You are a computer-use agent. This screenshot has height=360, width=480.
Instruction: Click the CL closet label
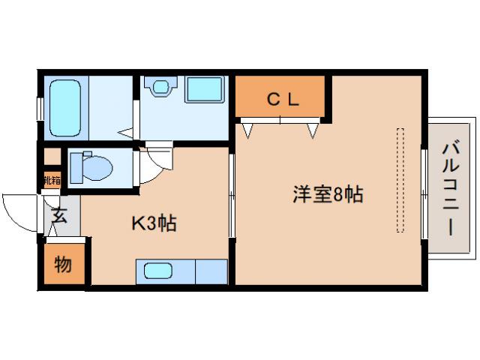pos(280,97)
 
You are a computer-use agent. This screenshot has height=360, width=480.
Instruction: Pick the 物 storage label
pos(63,264)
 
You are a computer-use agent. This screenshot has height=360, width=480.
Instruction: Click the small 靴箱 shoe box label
pos(51,180)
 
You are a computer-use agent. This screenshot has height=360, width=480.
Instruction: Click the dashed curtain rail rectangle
pos(400,180)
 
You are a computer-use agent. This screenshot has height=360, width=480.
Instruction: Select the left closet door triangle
pos(247,130)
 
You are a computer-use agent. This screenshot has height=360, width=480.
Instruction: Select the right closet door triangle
pos(313,130)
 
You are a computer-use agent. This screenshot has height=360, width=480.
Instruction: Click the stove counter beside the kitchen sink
pos(211,270)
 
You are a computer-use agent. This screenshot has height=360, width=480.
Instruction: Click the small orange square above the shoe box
pos(51,157)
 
